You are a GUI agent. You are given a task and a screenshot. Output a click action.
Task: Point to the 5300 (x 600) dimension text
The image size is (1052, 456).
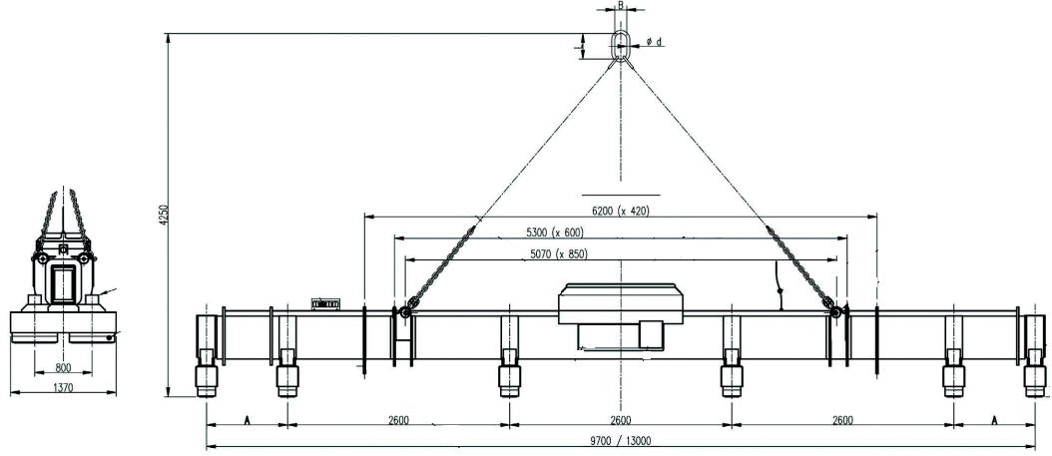[x=565, y=232]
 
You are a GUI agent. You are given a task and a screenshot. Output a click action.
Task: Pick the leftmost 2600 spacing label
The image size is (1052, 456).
[x=397, y=420]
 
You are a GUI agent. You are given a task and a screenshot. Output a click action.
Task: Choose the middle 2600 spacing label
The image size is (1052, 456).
[x=620, y=420]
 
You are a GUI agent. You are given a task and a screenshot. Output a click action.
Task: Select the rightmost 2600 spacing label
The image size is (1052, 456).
[x=840, y=420]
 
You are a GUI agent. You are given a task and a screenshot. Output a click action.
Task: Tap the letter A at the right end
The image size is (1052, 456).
[x=994, y=421]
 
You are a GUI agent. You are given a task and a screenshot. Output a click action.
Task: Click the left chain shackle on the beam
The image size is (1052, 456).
[x=405, y=315]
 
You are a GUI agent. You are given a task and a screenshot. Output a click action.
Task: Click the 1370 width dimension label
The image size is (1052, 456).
[x=62, y=386]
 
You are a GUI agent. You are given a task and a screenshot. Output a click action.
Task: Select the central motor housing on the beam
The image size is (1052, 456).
[x=620, y=315]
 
